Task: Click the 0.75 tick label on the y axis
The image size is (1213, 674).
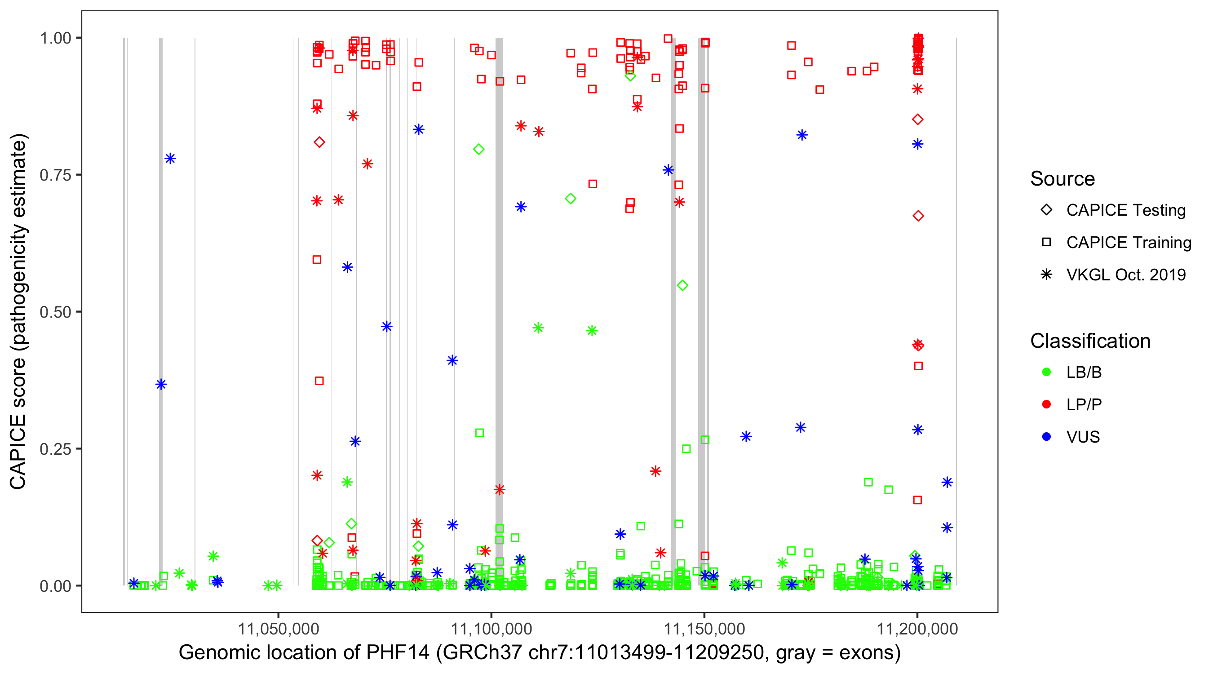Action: pos(55,175)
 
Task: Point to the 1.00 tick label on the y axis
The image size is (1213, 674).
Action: pos(55,38)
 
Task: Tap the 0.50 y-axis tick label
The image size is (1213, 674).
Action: pos(55,312)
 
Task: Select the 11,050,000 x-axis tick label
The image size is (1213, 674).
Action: pos(278,629)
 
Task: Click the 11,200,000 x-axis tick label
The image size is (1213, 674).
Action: pos(917,629)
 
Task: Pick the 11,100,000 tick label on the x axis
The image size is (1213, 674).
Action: pos(491,629)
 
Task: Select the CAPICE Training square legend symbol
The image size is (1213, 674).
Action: pos(1046,243)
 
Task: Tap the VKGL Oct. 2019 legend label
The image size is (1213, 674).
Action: pos(1126,275)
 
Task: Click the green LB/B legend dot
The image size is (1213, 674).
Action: pos(1046,372)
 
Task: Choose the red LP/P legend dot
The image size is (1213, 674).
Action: pos(1046,404)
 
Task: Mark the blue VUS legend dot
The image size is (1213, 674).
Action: pos(1046,437)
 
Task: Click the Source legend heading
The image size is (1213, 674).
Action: pos(1062,179)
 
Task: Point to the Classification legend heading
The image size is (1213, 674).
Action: pos(1090,341)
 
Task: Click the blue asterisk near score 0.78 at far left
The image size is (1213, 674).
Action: pos(170,159)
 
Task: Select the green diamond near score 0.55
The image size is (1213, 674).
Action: pos(682,285)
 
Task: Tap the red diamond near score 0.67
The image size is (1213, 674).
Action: pos(918,216)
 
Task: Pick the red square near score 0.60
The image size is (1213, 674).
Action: pos(317,260)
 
